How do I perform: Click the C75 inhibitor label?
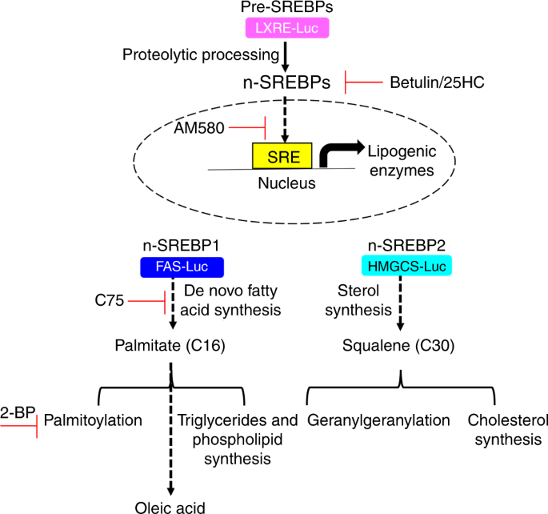coord(107,301)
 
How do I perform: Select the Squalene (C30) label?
coord(400,347)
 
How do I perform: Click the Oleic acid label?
coord(170,504)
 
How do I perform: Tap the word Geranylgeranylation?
coord(368,420)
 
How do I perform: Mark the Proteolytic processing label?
coord(200,54)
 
